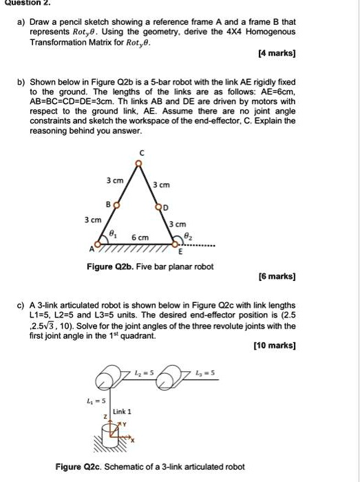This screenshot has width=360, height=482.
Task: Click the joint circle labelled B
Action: click(116, 205)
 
